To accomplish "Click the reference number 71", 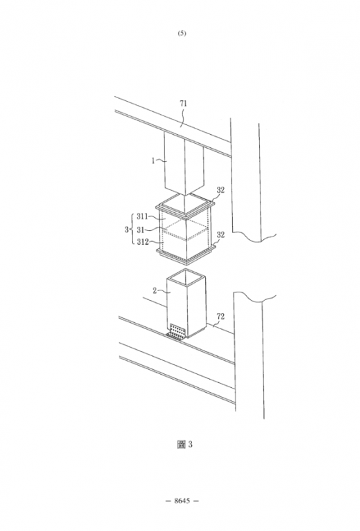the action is click(x=183, y=103).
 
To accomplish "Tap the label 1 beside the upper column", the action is click(x=153, y=160).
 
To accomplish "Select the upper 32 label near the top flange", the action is click(x=220, y=190).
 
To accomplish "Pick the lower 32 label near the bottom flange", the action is click(x=220, y=234).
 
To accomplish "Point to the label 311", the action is click(x=142, y=216).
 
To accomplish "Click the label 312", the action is click(x=142, y=242).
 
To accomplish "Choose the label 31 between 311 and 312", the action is click(x=141, y=230).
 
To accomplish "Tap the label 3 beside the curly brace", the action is click(x=126, y=230).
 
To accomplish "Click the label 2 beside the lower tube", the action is click(x=155, y=290).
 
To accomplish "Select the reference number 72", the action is click(x=220, y=316).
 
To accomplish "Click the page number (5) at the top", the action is click(x=182, y=33).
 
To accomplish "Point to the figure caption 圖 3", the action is click(x=184, y=445).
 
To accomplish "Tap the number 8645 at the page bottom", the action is click(x=182, y=501).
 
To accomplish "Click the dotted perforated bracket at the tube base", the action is click(x=177, y=332).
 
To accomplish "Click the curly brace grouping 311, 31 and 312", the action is click(x=132, y=230).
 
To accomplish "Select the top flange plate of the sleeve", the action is click(x=185, y=207).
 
